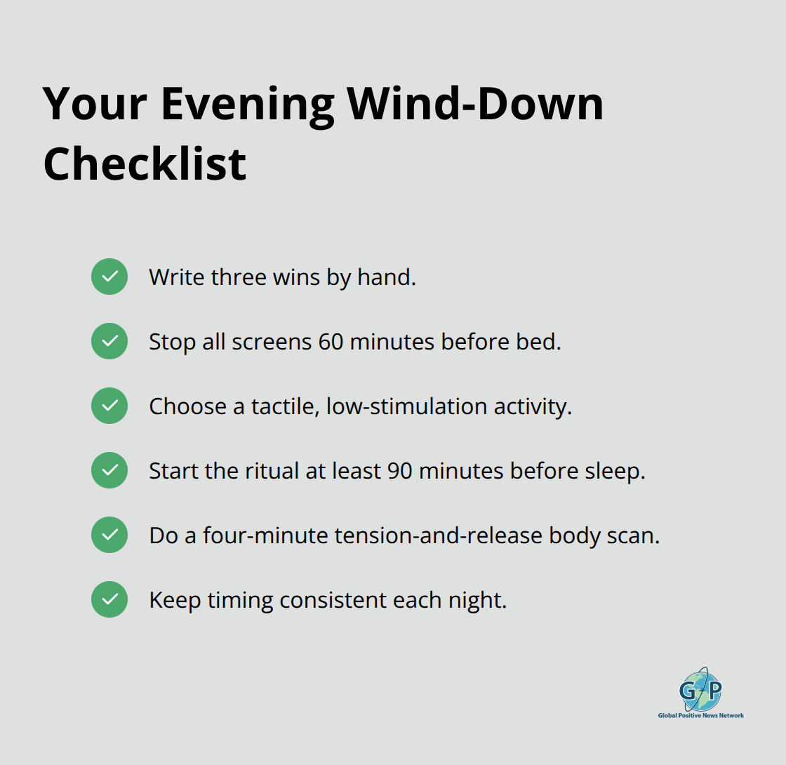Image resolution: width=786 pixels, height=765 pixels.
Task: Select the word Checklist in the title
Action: pos(145,164)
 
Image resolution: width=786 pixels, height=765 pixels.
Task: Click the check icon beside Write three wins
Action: pos(109,277)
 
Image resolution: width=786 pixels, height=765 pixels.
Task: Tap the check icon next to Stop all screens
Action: pos(109,341)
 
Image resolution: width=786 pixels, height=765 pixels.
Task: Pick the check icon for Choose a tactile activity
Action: pos(109,406)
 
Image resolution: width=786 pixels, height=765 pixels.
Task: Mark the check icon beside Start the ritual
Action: pos(109,470)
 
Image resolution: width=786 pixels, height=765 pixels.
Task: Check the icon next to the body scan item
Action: pos(109,535)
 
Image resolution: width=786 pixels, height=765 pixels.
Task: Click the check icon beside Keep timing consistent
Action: pos(109,599)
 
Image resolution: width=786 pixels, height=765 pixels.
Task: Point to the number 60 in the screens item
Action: pos(331,342)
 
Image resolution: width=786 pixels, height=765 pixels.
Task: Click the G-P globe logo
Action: pos(700,689)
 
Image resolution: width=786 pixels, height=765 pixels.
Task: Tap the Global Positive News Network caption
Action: pos(700,715)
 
